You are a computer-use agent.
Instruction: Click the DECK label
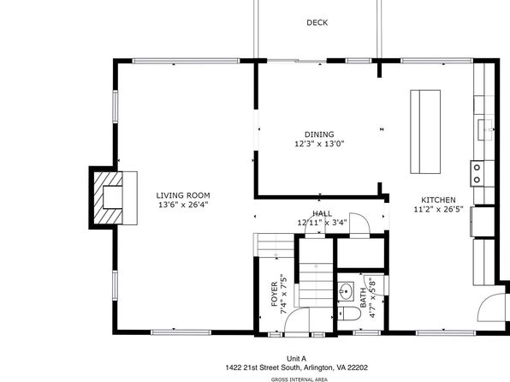(x=317, y=22)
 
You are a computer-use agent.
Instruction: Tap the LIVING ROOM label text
(x=183, y=195)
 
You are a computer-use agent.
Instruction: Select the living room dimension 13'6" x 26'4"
(x=183, y=205)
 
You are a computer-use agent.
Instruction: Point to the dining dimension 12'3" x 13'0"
(x=319, y=144)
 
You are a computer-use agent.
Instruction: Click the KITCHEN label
(x=438, y=200)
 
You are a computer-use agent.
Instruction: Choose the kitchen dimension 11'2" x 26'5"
(x=438, y=209)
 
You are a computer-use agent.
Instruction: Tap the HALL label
(x=322, y=213)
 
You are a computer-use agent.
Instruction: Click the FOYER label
(x=275, y=294)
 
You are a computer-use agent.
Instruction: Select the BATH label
(x=364, y=298)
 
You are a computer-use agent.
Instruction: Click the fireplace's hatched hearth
(x=108, y=198)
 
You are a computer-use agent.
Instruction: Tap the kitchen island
(x=425, y=132)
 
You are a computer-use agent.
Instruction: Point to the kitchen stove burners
(x=477, y=174)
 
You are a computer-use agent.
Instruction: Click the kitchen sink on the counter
(x=485, y=129)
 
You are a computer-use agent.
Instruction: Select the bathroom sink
(x=346, y=289)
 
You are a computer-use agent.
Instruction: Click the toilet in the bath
(x=349, y=314)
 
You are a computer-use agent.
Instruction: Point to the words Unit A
(x=296, y=359)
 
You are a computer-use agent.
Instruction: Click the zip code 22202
(x=358, y=367)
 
